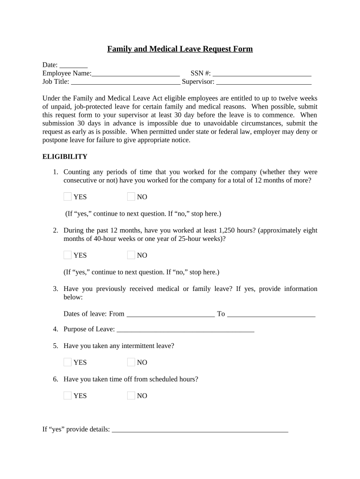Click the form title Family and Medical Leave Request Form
tap(180, 49)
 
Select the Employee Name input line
tap(136, 73)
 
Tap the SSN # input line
tap(262, 73)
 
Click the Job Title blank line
tap(125, 82)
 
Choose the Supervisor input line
tap(264, 82)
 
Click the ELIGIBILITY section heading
tap(65, 156)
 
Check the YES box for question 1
tap(68, 197)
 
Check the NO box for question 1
tap(131, 197)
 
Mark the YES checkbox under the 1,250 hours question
tap(68, 255)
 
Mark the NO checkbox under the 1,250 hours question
tap(131, 255)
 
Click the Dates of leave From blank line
tap(170, 314)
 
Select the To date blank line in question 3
tap(271, 314)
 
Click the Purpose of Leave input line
tap(185, 329)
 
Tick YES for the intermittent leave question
tap(68, 362)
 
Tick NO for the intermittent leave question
tap(131, 362)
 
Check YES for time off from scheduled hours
tap(68, 396)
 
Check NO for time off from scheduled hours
tap(131, 396)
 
